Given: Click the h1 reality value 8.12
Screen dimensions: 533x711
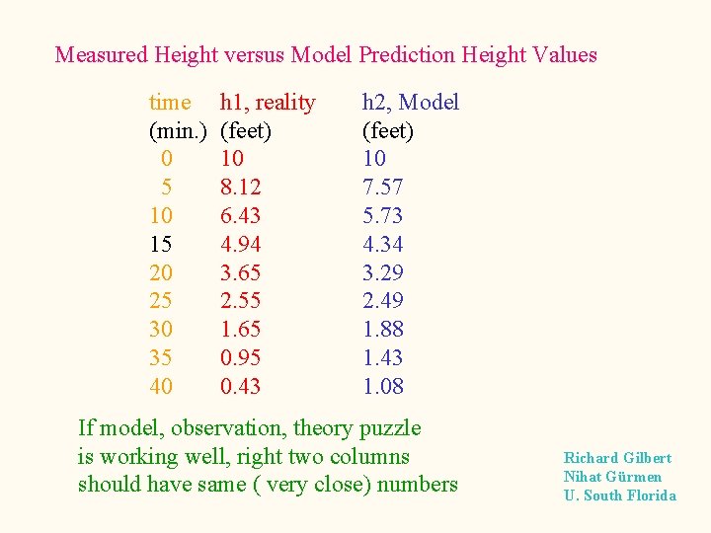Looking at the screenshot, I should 240,188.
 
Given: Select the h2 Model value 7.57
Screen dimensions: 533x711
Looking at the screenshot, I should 383,188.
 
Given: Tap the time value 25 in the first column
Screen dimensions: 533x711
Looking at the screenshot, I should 160,301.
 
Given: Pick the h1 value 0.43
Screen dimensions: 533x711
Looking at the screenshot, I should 240,387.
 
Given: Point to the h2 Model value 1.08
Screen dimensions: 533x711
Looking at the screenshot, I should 383,387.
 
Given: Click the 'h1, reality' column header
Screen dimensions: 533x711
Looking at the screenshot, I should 268,102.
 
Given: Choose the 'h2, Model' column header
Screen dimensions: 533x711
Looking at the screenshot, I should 411,102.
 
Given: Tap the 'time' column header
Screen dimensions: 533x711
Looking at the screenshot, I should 170,102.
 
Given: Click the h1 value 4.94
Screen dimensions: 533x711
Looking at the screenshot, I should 240,244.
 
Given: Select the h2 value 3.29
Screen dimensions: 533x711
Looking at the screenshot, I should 383,272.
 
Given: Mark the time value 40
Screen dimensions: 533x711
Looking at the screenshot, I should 160,387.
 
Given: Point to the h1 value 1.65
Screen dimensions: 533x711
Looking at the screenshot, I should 240,330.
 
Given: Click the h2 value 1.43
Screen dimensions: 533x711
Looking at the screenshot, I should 383,358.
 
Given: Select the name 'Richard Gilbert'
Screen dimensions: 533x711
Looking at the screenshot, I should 617,458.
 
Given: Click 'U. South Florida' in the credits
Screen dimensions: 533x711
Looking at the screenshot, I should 620,495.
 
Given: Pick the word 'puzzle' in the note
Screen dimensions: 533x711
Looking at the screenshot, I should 390,428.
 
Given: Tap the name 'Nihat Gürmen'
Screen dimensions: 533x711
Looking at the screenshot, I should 612,477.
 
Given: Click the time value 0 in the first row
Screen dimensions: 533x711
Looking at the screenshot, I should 166,159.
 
